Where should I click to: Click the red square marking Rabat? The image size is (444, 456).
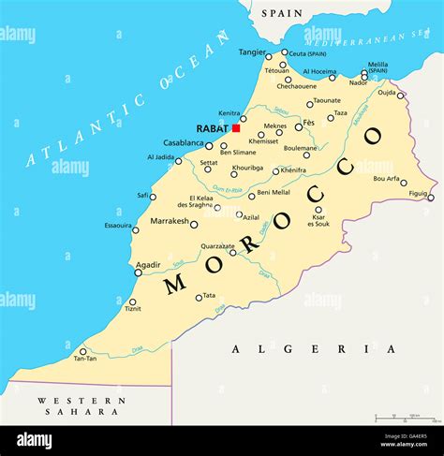(236, 128)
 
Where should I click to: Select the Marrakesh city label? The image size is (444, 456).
(170, 222)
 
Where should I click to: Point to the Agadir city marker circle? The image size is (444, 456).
(138, 272)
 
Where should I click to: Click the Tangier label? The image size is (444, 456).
(252, 52)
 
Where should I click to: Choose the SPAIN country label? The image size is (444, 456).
(282, 13)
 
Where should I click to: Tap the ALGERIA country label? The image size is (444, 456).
(301, 348)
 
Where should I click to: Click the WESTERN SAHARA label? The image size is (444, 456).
(81, 406)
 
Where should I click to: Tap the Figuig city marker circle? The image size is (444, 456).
(431, 197)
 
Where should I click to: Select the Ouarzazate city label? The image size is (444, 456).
(216, 246)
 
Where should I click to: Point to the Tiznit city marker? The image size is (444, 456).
(132, 302)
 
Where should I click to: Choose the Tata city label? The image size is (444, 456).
(209, 296)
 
